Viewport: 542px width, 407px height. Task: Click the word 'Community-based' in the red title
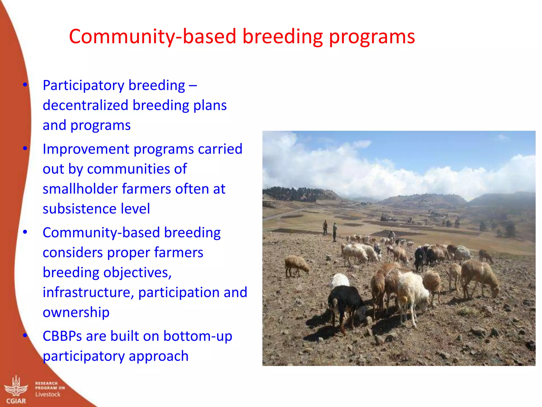point(152,37)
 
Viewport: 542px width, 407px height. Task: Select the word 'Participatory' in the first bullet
point(83,86)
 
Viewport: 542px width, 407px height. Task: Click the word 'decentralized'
point(85,105)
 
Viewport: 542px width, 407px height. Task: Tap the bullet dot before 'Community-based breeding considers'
point(25,232)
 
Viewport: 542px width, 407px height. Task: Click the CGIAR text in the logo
point(16,401)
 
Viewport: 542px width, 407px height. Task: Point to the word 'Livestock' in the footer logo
point(48,394)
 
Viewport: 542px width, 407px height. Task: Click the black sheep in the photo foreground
point(345,302)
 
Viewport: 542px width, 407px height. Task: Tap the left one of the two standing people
point(325,227)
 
